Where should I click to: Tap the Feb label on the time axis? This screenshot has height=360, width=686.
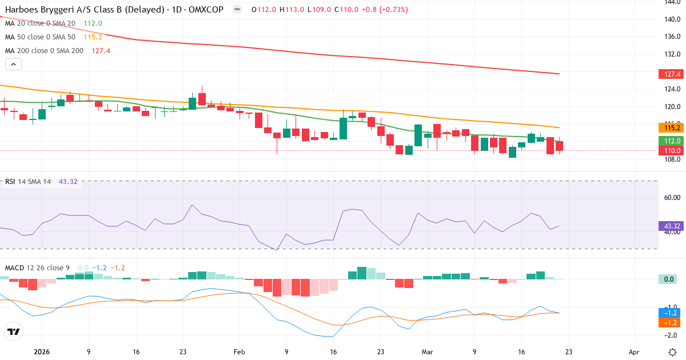coord(240,352)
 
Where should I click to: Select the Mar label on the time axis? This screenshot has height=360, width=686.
coord(427,352)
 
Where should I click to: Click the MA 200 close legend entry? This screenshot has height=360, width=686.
coord(45,50)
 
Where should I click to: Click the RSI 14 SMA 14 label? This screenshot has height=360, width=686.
coord(28,182)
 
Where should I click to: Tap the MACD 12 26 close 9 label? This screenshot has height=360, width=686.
coord(38,267)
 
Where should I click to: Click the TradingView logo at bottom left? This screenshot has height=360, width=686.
coord(14,331)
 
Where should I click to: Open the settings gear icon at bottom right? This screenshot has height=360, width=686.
coord(673,351)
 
